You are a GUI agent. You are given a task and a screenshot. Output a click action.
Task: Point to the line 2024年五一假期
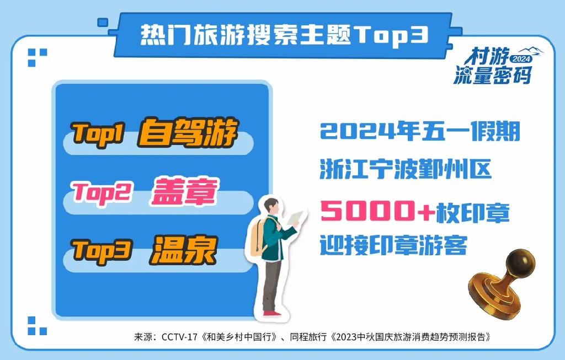[x=420, y=133]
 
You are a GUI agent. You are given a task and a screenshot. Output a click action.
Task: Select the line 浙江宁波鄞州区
[x=406, y=169]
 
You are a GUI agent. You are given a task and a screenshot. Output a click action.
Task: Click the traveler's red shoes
[x=272, y=313]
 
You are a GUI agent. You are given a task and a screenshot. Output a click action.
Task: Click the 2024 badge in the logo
[x=520, y=58]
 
